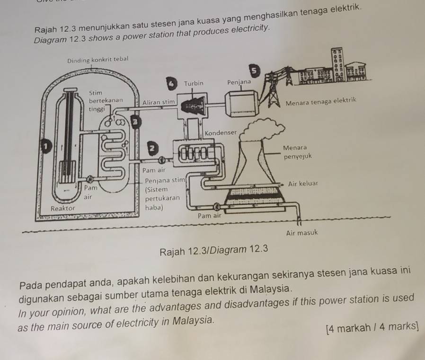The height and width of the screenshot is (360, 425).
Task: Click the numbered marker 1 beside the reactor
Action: tap(46, 147)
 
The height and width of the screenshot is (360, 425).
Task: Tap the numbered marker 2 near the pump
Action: tap(153, 148)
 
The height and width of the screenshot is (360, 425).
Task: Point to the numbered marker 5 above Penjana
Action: tap(254, 70)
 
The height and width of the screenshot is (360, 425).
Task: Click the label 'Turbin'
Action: tap(194, 83)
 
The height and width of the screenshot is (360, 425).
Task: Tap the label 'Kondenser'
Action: tap(221, 133)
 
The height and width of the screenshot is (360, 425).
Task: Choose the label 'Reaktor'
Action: tap(63, 208)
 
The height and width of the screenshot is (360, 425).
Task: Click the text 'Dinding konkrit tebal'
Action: tap(97, 60)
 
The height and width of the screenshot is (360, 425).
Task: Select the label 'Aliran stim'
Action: tap(159, 102)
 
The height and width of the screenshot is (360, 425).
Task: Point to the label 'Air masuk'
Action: tap(302, 233)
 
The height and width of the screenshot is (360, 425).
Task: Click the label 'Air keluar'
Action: tap(303, 184)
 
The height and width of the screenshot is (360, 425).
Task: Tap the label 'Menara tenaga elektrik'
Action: tap(321, 102)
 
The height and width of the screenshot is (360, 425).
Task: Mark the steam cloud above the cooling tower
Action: tap(262, 129)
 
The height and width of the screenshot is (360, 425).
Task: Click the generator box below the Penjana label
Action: tap(241, 104)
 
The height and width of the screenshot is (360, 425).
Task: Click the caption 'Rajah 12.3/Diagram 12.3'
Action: tap(214, 250)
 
